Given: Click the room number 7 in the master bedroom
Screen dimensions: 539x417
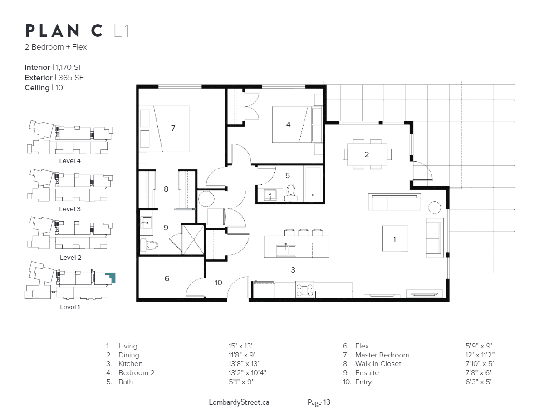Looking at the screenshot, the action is pos(173,129).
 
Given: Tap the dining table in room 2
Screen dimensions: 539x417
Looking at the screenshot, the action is pos(367,154).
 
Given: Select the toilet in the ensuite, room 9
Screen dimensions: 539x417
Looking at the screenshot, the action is pos(149,245).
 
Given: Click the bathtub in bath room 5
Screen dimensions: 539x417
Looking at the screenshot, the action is pos(313,183).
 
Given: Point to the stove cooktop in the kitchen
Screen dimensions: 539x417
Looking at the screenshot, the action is pos(304,289).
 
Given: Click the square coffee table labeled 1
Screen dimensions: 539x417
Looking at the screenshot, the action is pos(395,239).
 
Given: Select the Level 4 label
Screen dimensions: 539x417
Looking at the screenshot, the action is pos(70,161).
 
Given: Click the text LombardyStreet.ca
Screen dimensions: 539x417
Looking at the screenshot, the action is pos(239,402).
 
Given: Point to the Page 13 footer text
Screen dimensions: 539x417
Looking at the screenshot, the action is pos(318,402).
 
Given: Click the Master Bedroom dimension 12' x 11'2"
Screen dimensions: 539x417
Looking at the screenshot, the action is pos(480,355).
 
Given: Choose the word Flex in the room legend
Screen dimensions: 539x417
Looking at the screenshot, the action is pos(362,346).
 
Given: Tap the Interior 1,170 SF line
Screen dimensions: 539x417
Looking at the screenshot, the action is pos(54,67).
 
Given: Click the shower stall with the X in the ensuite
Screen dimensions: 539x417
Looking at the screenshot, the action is pos(193,239).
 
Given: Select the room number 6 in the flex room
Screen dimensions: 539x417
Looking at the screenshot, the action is pos(167,278).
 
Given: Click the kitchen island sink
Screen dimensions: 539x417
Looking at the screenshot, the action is pos(286,250).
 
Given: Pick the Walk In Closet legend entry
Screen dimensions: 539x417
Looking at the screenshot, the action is pos(378,364).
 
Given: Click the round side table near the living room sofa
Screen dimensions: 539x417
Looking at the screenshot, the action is pos(435,208).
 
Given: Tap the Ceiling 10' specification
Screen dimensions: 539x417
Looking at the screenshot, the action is pos(44,88).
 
